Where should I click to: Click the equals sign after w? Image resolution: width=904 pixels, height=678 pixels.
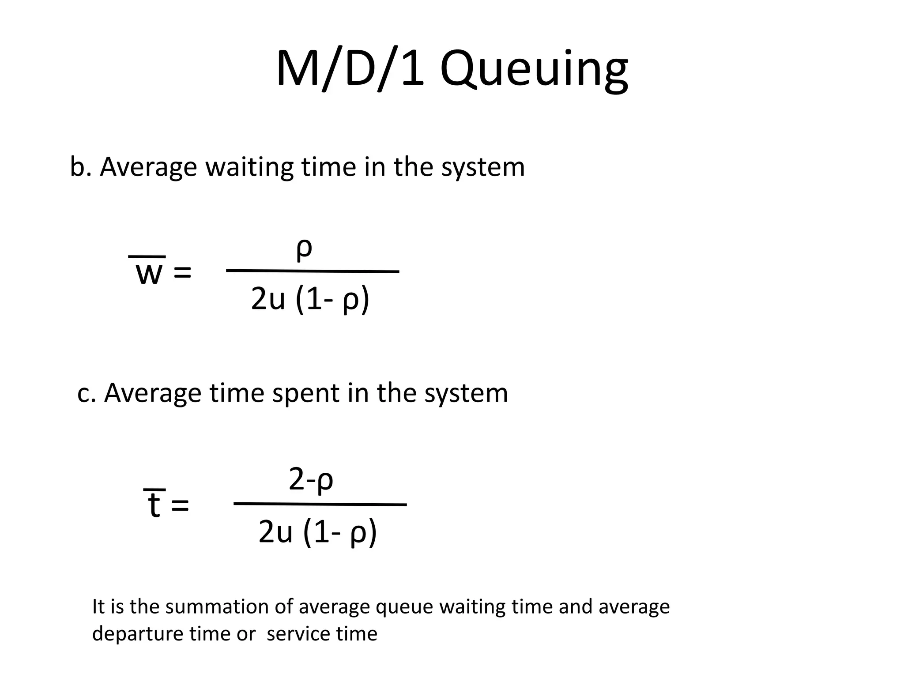click(x=182, y=273)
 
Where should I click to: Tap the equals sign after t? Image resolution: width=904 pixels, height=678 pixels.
click(x=180, y=505)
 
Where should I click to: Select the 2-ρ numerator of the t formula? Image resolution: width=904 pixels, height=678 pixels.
click(x=311, y=480)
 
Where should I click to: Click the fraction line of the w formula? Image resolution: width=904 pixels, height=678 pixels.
click(x=313, y=271)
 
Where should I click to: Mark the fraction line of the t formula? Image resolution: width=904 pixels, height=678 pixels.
click(x=320, y=504)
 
